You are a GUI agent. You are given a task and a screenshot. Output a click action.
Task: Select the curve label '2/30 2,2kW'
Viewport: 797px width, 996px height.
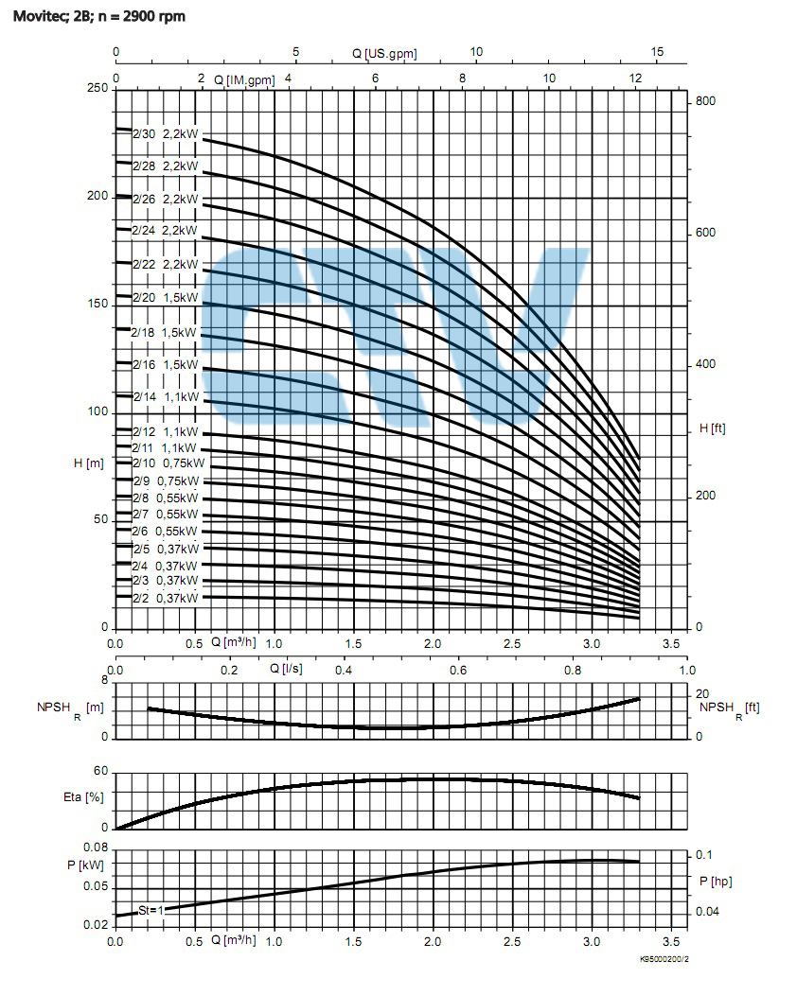(x=165, y=134)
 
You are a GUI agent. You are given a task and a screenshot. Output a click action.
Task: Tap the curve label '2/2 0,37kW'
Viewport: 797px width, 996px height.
(x=165, y=598)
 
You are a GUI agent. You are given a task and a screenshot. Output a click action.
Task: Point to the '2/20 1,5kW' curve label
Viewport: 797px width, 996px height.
(x=165, y=297)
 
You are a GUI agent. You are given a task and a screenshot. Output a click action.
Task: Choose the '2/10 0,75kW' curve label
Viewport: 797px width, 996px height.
(x=167, y=463)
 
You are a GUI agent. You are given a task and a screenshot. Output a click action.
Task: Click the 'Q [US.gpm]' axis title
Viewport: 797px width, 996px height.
(x=384, y=54)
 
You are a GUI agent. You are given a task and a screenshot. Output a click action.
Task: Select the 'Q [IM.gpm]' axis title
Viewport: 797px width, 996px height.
(x=244, y=80)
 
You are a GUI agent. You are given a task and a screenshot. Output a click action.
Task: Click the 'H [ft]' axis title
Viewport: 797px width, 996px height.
(x=712, y=428)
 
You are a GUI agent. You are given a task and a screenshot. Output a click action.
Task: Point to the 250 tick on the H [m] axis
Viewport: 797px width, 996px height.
(x=97, y=89)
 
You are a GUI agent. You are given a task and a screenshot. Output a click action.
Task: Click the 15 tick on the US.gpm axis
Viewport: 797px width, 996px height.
(x=658, y=53)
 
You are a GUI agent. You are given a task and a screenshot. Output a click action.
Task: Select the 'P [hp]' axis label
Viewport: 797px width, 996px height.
(x=716, y=882)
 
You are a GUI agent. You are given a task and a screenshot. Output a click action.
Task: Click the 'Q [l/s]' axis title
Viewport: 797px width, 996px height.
(x=287, y=668)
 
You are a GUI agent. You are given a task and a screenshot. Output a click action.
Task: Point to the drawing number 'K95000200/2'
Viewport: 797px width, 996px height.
(x=664, y=960)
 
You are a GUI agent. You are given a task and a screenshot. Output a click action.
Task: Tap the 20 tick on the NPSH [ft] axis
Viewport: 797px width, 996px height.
(x=701, y=695)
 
